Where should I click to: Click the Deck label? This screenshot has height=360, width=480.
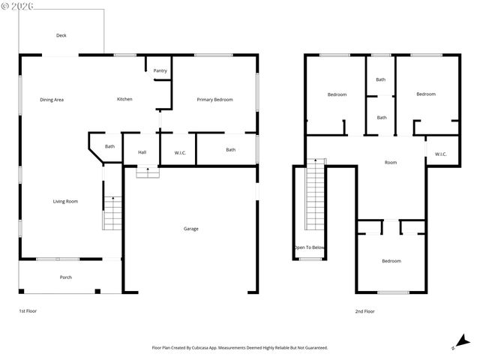coord(61,35)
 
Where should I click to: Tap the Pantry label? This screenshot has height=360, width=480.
coord(160,71)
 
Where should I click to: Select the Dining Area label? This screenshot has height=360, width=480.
coord(52,100)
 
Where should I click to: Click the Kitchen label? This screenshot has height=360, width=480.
coord(125,100)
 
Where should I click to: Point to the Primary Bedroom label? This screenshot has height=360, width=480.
coord(214,100)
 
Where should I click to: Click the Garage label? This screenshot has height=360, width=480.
coord(191,229)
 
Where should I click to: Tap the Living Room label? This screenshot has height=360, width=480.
coord(65,201)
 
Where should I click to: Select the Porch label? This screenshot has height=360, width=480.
coord(66,277)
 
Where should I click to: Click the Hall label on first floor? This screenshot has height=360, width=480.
coord(142,152)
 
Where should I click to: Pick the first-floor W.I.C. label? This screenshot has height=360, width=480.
coord(180,153)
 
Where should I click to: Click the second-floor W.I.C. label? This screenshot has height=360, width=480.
coord(440,154)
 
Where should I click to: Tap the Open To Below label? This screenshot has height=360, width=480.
coord(309,247)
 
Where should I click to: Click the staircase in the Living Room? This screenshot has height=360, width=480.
coord(112,212)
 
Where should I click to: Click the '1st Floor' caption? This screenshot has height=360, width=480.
coord(28,311)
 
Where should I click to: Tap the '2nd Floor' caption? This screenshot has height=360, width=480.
coord(365,311)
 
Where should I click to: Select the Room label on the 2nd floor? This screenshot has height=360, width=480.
coord(391,162)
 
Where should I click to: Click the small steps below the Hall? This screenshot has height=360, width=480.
coord(147,172)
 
